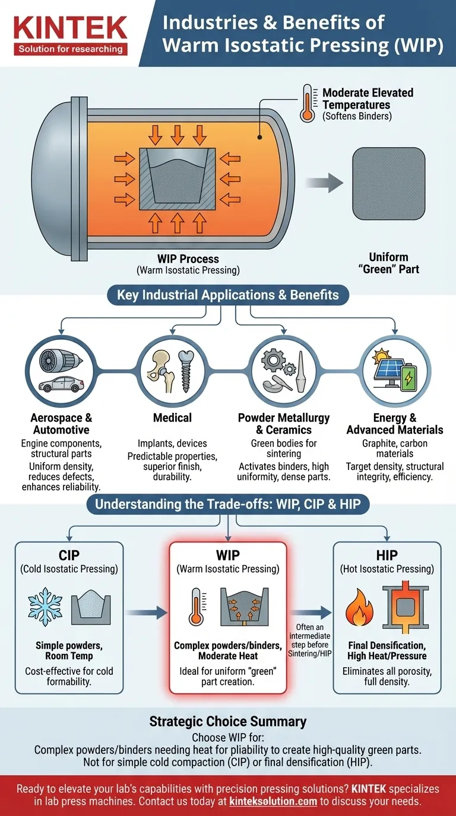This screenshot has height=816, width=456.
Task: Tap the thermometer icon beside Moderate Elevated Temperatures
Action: [308, 104]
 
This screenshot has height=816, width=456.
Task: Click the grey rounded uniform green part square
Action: [388, 184]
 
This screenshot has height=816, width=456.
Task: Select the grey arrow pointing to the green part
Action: [324, 183]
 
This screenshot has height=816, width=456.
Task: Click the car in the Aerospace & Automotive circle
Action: [61, 384]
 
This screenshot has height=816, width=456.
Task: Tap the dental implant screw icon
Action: [186, 371]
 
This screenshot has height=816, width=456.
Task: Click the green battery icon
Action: [408, 378]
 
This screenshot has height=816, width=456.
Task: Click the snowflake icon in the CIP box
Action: [45, 607]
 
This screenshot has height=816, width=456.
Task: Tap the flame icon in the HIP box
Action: [359, 607]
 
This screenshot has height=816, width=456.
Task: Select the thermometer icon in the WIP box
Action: [197, 606]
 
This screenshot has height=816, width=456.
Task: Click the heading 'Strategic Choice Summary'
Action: [228, 721]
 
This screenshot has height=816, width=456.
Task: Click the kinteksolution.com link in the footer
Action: [273, 801]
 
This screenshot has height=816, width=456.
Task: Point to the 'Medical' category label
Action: [172, 418]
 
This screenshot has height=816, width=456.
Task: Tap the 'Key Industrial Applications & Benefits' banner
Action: [228, 295]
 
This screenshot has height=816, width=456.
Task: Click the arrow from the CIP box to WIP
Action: [147, 613]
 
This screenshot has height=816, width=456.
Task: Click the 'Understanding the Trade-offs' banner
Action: [228, 504]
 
